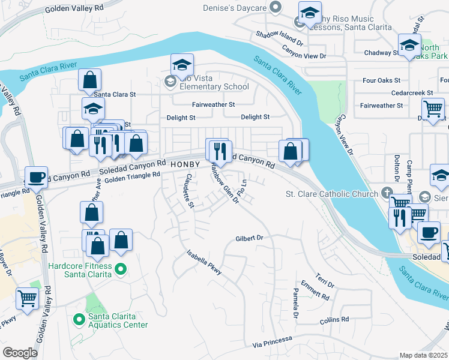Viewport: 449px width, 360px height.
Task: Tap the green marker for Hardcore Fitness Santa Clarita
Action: tap(120, 269)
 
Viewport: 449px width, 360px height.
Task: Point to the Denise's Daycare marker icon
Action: tap(276, 7)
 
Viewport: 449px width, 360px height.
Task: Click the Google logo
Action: tap(20, 353)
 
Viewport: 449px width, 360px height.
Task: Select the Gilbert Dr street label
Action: tap(250, 238)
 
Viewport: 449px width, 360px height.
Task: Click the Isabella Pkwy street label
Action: tap(204, 263)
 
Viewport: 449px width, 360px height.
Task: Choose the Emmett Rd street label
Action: tap(315, 290)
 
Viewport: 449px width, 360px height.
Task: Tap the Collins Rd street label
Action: tap(334, 320)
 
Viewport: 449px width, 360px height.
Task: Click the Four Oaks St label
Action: tap(381, 80)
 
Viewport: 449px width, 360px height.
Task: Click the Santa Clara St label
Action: tap(115, 94)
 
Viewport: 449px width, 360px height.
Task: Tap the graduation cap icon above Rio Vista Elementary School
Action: tap(182, 64)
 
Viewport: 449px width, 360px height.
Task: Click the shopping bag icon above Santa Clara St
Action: tap(89, 79)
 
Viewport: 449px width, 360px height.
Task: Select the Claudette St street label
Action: tap(190, 191)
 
